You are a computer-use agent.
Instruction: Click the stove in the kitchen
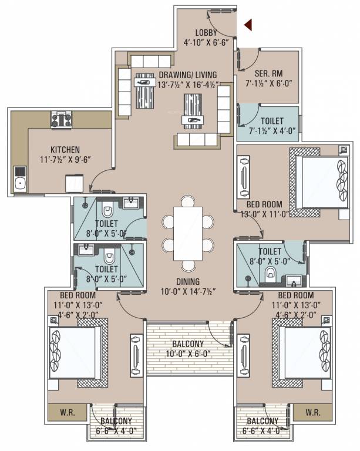(x=61, y=120)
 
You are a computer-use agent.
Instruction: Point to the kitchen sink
(x=20, y=180)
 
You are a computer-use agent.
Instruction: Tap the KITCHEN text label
(x=65, y=150)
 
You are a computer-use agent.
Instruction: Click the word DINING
(x=187, y=281)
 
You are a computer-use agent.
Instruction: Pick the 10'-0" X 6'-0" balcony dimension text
(x=188, y=354)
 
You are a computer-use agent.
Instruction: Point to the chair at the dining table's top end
(x=187, y=201)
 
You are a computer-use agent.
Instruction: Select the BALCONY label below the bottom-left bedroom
(x=116, y=422)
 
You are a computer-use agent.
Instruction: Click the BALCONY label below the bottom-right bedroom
(x=262, y=422)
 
